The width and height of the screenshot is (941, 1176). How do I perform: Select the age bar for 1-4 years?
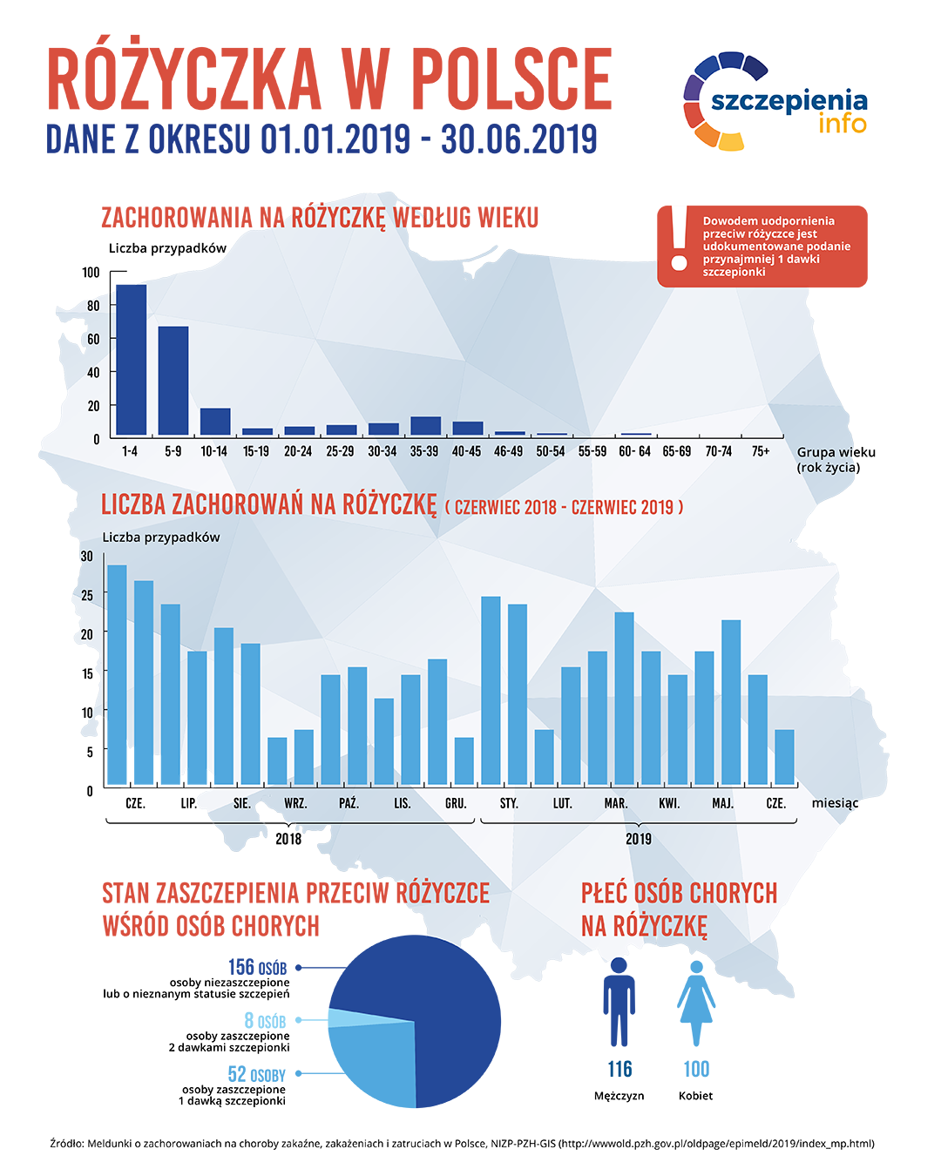click(131, 359)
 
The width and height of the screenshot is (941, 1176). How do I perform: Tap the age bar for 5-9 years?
click(173, 381)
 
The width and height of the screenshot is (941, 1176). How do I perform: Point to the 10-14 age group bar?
click(215, 422)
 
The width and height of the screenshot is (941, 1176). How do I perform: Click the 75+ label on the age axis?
click(761, 451)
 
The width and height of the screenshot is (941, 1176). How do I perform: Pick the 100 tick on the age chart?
click(91, 273)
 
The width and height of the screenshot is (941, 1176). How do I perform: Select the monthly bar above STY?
click(491, 690)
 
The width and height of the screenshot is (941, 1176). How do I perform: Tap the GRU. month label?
click(456, 803)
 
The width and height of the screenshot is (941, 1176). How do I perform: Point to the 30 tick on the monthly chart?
click(86, 556)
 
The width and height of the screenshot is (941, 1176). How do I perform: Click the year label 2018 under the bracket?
click(288, 839)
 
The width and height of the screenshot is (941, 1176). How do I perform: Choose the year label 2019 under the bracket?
click(639, 839)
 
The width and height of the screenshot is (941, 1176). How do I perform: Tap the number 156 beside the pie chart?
click(241, 967)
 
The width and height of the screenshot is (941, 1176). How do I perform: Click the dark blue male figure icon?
click(619, 1002)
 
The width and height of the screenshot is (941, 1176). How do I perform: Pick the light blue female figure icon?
click(696, 1002)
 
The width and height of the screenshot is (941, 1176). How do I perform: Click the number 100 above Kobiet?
click(696, 1069)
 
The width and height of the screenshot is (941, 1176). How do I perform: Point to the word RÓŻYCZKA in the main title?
click(184, 80)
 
